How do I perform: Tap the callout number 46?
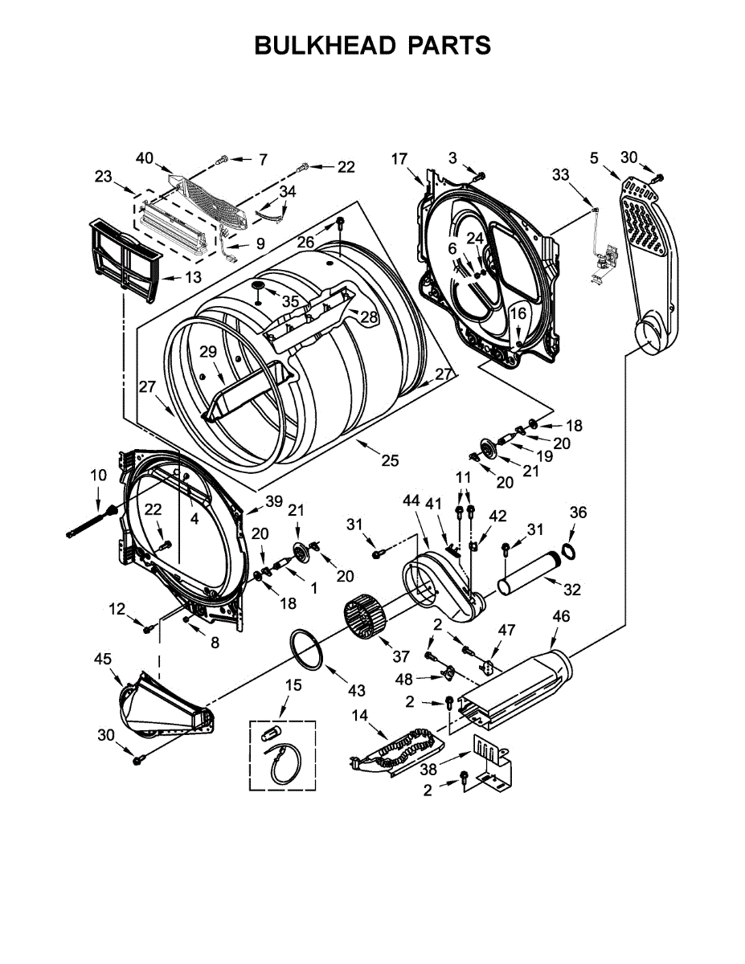pos(561,617)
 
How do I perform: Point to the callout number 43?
pos(356,690)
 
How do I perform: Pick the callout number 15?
pos(293,685)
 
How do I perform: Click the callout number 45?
pos(102,659)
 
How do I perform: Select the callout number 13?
pos(193,278)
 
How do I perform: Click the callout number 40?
pos(145,158)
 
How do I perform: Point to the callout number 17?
pos(399,158)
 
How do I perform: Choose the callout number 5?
pos(594,158)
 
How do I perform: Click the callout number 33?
pos(560,174)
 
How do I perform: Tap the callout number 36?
pos(579,513)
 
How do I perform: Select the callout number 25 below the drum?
pos(390,460)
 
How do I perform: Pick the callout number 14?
pos(358,715)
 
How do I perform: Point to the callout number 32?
pos(572,589)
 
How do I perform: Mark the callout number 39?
pos(274,501)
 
